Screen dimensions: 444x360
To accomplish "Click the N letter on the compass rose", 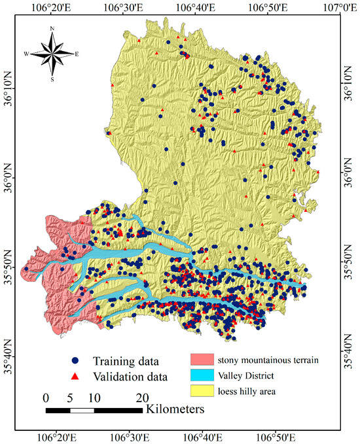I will point(52,29).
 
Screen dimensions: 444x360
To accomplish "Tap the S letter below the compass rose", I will point(52,79).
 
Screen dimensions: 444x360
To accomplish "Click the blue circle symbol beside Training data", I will point(76,360).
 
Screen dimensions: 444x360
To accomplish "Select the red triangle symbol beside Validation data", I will point(76,376).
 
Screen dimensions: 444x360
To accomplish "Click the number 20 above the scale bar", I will point(142,398).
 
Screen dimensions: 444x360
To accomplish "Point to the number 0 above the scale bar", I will point(45,398).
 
